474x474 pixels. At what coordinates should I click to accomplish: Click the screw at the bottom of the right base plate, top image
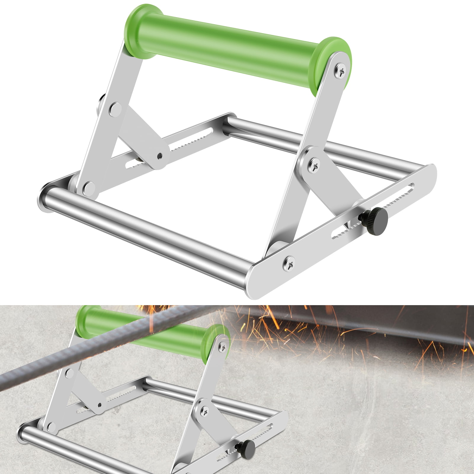[289, 262]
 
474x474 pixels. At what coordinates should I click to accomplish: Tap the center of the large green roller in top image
[237, 44]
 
